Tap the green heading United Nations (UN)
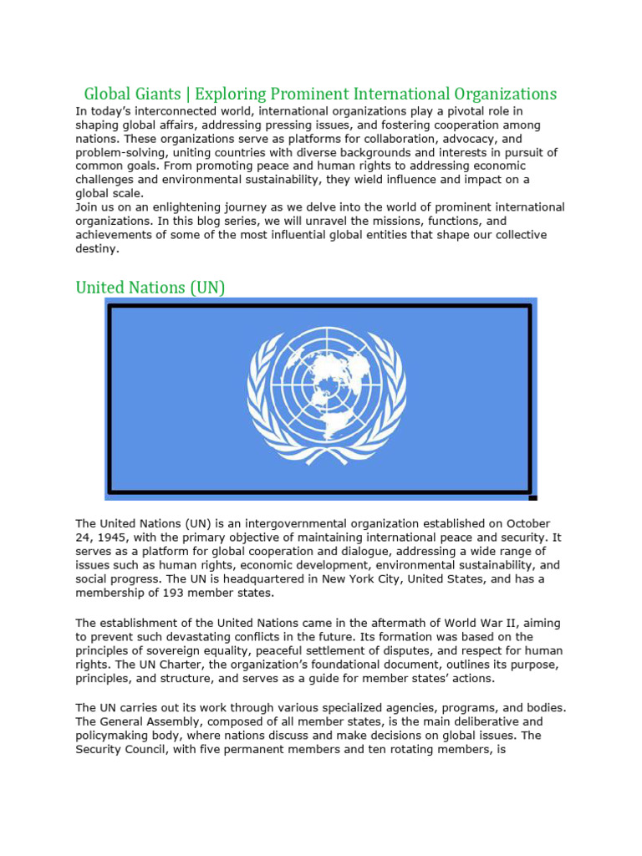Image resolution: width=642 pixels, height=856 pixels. (150, 288)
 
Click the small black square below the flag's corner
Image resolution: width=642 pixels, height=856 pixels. (532, 497)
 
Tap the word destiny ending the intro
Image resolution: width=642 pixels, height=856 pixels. (97, 248)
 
